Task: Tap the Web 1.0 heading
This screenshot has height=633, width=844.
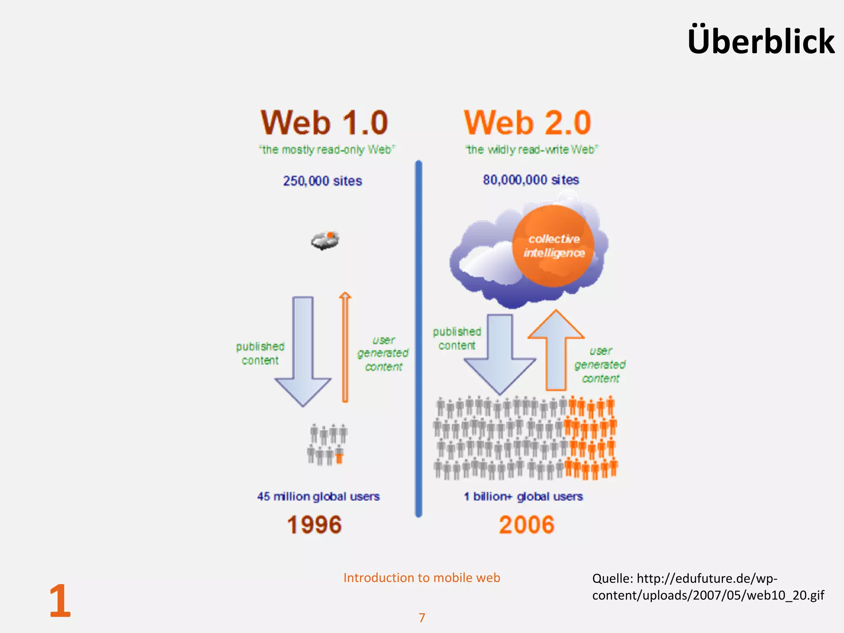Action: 324,122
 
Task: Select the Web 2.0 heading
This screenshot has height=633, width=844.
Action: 527,122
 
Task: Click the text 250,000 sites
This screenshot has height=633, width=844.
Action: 322,181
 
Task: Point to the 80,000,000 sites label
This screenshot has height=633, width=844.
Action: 531,180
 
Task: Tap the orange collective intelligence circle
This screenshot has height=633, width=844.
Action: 553,246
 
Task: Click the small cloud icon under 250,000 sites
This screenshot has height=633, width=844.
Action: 325,240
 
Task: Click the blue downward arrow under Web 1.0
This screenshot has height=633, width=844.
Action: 303,350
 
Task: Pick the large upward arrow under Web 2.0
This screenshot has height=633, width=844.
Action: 556,350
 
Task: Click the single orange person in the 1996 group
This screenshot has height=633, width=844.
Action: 339,456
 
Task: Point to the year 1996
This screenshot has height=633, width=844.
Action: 314,525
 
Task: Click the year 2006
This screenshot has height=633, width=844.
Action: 526,525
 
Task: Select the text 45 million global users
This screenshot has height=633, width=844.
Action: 318,496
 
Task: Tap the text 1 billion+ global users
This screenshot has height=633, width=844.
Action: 523,496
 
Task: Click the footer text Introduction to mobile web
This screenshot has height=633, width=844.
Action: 422,578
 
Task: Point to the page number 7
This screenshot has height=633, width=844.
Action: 422,617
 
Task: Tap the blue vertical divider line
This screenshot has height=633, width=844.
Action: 418,338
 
